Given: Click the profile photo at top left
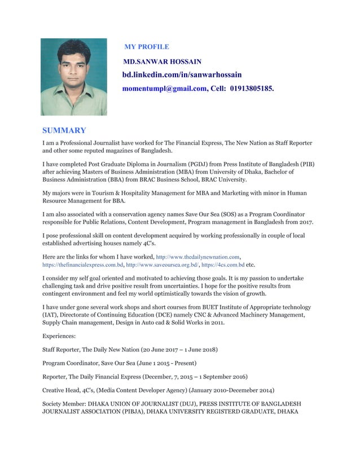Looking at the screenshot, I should (x=73, y=77).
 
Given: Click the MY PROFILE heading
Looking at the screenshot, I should (x=146, y=47).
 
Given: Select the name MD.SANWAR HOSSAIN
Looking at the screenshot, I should (x=162, y=61).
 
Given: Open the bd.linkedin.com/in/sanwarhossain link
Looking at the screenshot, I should (x=182, y=75).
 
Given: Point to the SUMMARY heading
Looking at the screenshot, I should (x=64, y=130).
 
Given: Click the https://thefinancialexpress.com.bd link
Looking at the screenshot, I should (x=83, y=265).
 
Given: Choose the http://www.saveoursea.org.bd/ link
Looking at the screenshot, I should (x=162, y=265).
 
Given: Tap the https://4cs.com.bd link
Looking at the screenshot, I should (x=223, y=265).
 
